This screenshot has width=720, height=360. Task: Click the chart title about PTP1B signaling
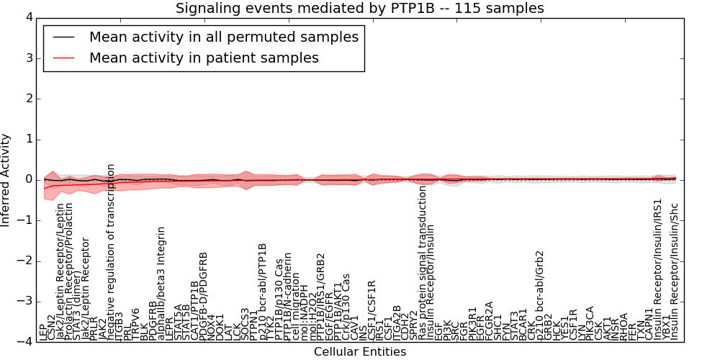tap(360, 8)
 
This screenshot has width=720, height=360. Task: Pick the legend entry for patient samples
tap(204, 58)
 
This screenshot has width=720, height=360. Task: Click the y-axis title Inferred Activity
tap(6, 179)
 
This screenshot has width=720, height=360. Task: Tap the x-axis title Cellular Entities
tap(360, 352)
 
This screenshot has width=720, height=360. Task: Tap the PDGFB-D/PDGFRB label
tap(204, 295)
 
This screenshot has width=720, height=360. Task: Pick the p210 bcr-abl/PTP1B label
tap(263, 291)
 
